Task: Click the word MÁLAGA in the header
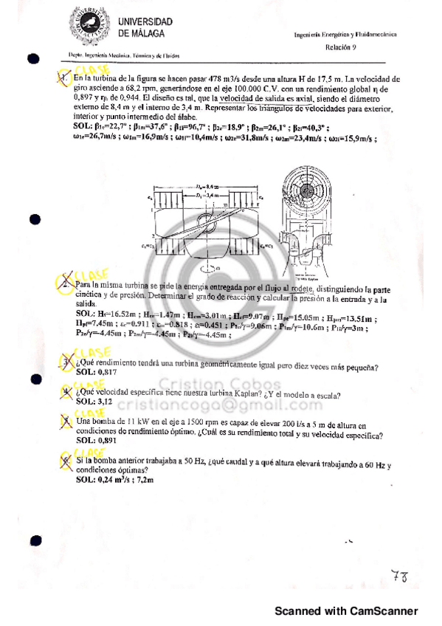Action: pyautogui.click(x=146, y=33)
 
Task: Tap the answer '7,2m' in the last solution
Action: pyautogui.click(x=143, y=479)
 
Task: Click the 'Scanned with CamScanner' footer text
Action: pyautogui.click(x=346, y=610)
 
